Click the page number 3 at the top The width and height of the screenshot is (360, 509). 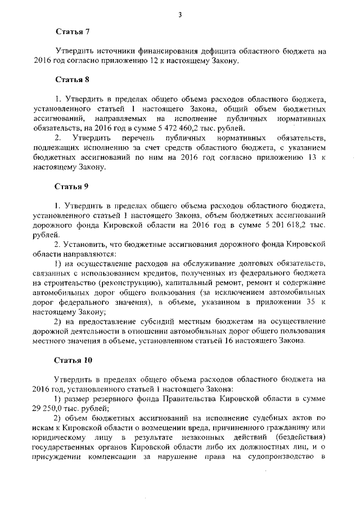180,15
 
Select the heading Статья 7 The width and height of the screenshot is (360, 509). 72,33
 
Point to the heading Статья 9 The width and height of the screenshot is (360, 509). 72,186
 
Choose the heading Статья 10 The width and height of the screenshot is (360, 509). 74,359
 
